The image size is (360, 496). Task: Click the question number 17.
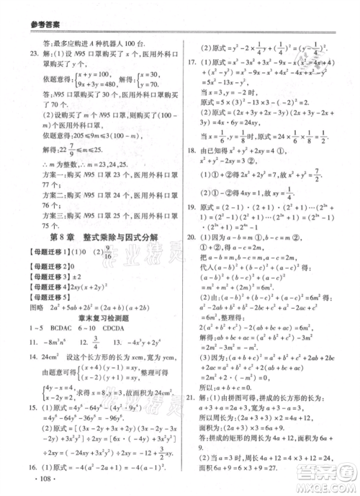point(192,62)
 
